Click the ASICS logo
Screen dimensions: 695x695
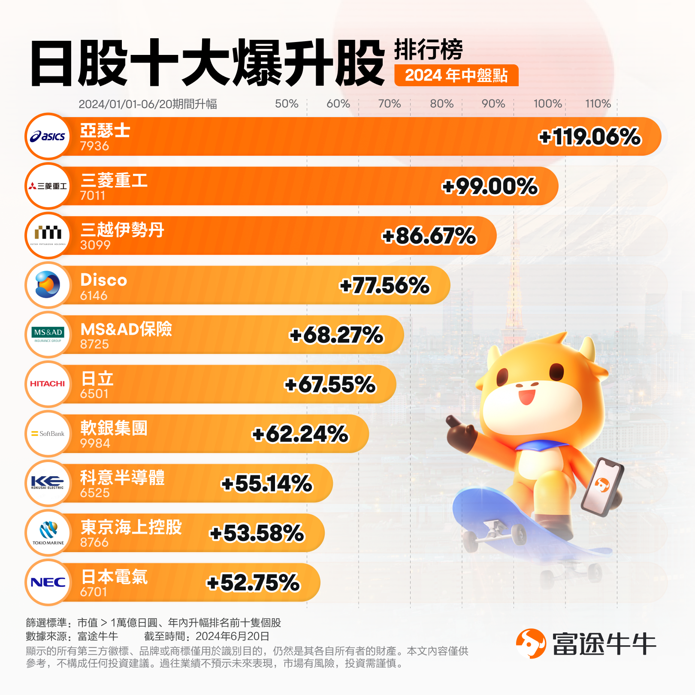pos(48,136)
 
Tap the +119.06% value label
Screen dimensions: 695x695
pos(589,137)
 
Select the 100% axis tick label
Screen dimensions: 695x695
pos(547,104)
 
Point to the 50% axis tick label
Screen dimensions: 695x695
pos(287,104)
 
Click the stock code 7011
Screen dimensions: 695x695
pos(93,196)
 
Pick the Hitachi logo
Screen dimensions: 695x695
pos(48,384)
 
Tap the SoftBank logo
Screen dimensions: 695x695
pos(48,434)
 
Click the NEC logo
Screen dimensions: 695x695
pos(48,582)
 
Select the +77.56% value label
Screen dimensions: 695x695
pos(384,285)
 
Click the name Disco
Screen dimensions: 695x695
pos(104,280)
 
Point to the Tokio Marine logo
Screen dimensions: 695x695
pos(48,532)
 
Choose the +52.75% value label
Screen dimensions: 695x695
pos(253,583)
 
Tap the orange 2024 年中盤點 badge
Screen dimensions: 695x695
pos(456,76)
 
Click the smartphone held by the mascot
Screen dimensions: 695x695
pos(602,486)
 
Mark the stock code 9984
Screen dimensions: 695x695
pos(95,443)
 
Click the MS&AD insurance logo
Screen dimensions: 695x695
pos(48,335)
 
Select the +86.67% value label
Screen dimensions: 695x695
pos(429,236)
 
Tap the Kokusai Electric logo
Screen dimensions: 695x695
pos(48,483)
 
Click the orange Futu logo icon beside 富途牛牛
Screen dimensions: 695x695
pos(531,644)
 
